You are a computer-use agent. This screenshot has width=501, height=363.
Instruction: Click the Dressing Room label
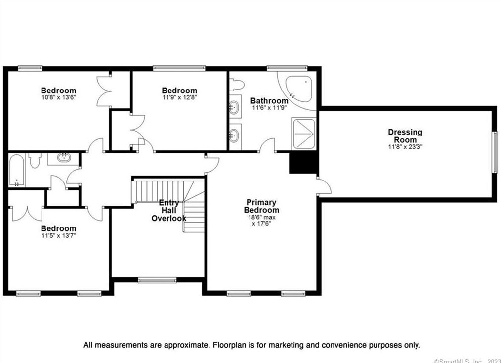click(405, 136)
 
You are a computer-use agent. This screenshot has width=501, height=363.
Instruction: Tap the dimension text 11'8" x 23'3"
click(405, 147)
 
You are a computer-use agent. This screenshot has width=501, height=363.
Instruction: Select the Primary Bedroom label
click(261, 206)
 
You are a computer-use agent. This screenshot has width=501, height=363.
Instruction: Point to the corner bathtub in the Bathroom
click(299, 89)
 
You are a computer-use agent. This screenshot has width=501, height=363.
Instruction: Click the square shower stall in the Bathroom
click(304, 134)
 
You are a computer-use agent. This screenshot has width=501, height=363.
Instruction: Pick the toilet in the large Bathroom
click(237, 85)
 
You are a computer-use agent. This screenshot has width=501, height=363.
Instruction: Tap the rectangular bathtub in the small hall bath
click(16, 170)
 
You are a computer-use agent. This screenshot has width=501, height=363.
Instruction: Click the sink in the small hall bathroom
click(64, 157)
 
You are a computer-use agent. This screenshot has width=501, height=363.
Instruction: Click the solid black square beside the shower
click(303, 163)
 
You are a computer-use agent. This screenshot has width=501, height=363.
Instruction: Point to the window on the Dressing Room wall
click(495, 152)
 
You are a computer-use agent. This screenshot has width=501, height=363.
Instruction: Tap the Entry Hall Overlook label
click(168, 211)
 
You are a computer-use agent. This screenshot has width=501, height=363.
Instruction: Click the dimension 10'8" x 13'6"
click(59, 97)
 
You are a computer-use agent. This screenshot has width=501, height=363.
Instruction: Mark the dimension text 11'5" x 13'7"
click(58, 236)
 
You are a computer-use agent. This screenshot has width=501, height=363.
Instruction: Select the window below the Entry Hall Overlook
click(157, 280)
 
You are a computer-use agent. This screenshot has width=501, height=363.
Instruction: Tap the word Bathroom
click(269, 101)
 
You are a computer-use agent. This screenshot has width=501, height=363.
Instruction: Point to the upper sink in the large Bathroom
click(234, 107)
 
